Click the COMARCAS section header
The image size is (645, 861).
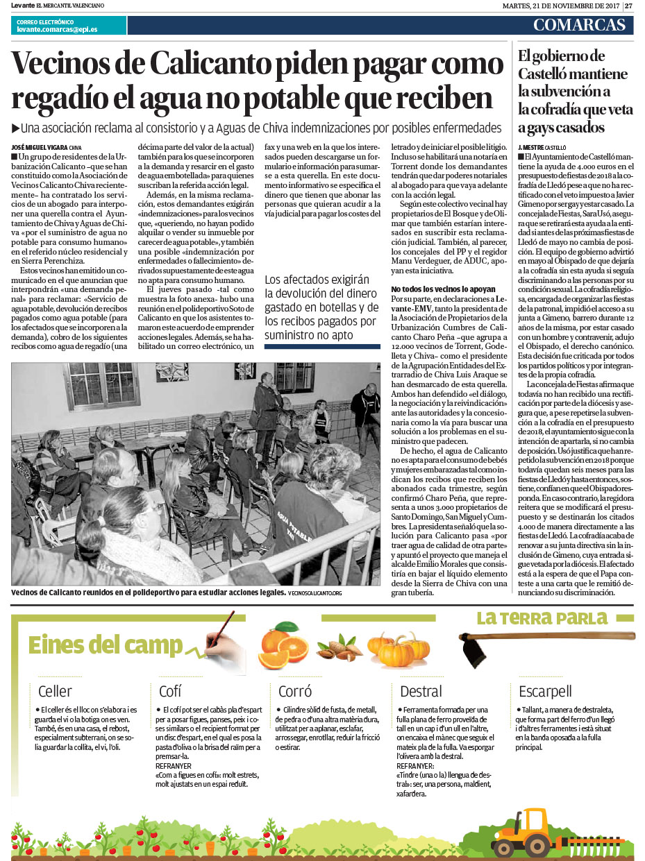coord(579,26)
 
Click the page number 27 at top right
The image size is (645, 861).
coord(629,6)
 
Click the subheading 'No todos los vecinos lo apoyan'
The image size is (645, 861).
coord(443,288)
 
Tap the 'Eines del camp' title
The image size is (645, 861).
coord(105,645)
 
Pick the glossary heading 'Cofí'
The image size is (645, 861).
coord(170,691)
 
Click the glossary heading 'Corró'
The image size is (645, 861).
coord(295,691)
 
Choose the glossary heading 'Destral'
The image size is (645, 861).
coord(421,691)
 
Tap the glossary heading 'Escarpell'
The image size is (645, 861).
coord(545,691)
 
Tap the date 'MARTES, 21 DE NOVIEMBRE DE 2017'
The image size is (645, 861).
coord(560,6)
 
